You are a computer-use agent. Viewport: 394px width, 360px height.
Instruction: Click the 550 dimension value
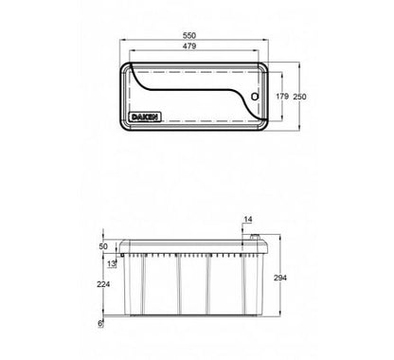(189, 35)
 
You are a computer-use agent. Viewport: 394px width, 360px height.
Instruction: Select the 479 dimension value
(189, 45)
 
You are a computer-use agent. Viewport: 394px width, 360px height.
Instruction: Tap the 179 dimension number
(282, 96)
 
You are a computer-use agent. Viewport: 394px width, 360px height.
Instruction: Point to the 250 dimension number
(299, 97)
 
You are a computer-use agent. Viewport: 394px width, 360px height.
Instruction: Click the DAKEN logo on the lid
(145, 117)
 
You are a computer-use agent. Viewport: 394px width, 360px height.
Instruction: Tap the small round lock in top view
(255, 97)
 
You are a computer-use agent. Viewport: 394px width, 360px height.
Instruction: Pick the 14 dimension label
(248, 219)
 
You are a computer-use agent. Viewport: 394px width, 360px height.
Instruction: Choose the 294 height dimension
(280, 278)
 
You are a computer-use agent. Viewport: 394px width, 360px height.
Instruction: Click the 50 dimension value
(103, 246)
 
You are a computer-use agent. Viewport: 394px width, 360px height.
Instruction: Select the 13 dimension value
(111, 263)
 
